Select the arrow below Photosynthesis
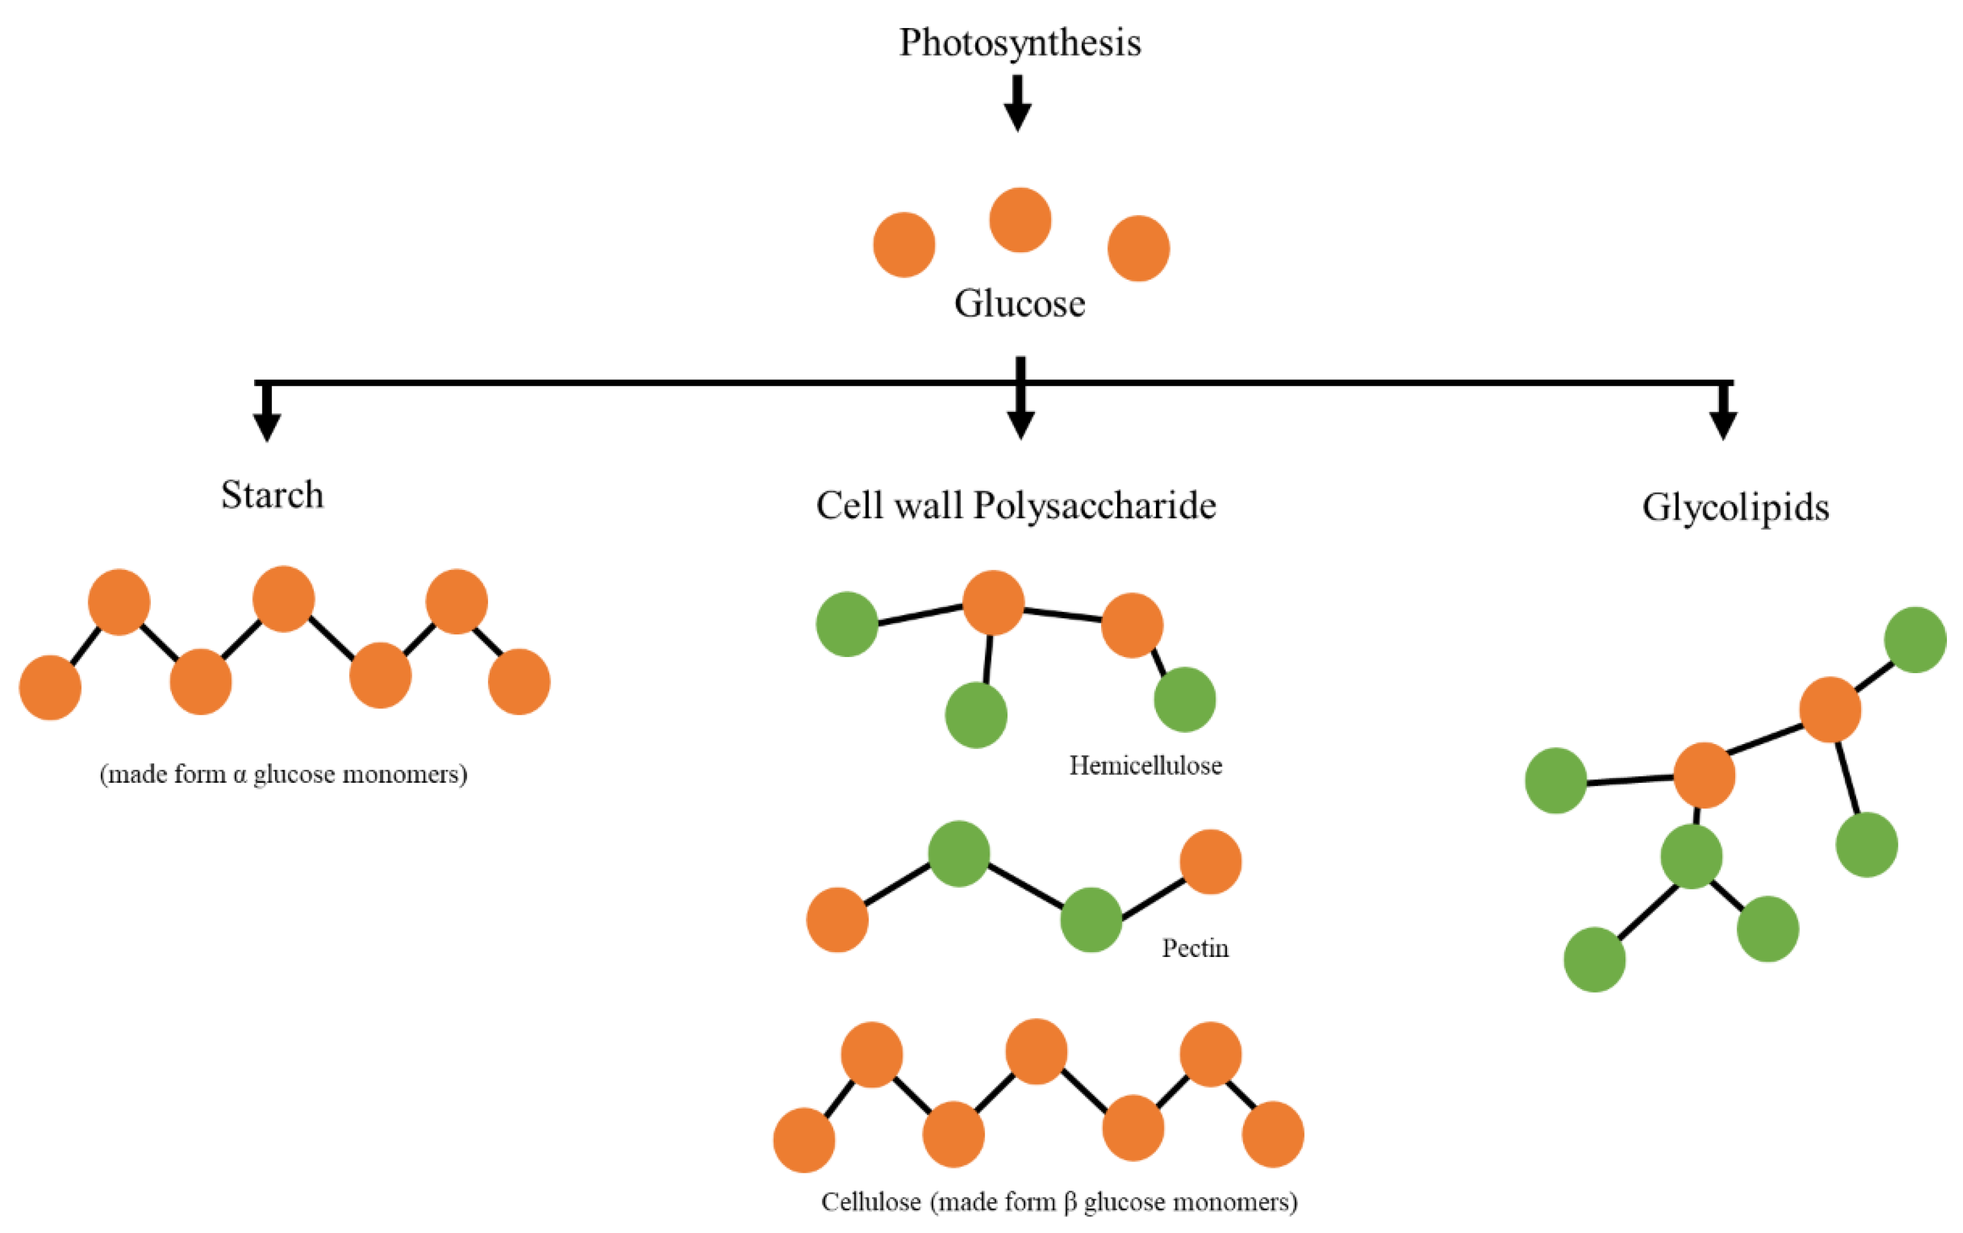[1018, 104]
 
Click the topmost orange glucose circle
[1020, 220]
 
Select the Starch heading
[272, 495]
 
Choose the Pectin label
[1195, 949]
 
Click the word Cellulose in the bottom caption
[871, 1202]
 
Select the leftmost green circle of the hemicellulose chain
[847, 624]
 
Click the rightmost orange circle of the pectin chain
[1211, 862]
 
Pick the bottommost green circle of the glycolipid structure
[1594, 960]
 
